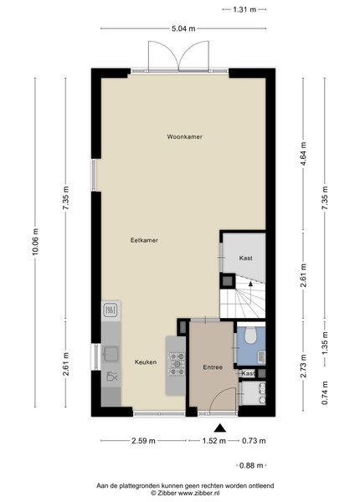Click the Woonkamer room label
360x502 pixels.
tap(184, 136)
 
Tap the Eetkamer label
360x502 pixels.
tap(144, 240)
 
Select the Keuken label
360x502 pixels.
tap(146, 362)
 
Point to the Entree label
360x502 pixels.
tap(213, 367)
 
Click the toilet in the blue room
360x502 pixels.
tap(251, 335)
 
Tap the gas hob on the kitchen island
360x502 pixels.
tap(177, 364)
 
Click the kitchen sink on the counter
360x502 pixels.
tap(111, 354)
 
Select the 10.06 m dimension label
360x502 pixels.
tap(35, 242)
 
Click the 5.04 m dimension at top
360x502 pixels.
tap(183, 28)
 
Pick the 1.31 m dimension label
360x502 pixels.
tap(244, 9)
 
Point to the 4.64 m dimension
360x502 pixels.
tap(304, 154)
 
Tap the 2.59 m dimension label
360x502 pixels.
tap(143, 441)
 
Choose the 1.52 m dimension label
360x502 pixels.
tap(214, 441)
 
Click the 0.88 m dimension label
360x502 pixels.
tap(251, 465)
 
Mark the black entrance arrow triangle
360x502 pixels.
tap(219, 428)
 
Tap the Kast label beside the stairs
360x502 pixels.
tap(245, 258)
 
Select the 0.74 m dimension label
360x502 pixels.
tap(325, 393)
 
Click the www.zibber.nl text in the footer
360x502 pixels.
tap(199, 493)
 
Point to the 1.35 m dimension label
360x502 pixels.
tap(325, 343)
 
